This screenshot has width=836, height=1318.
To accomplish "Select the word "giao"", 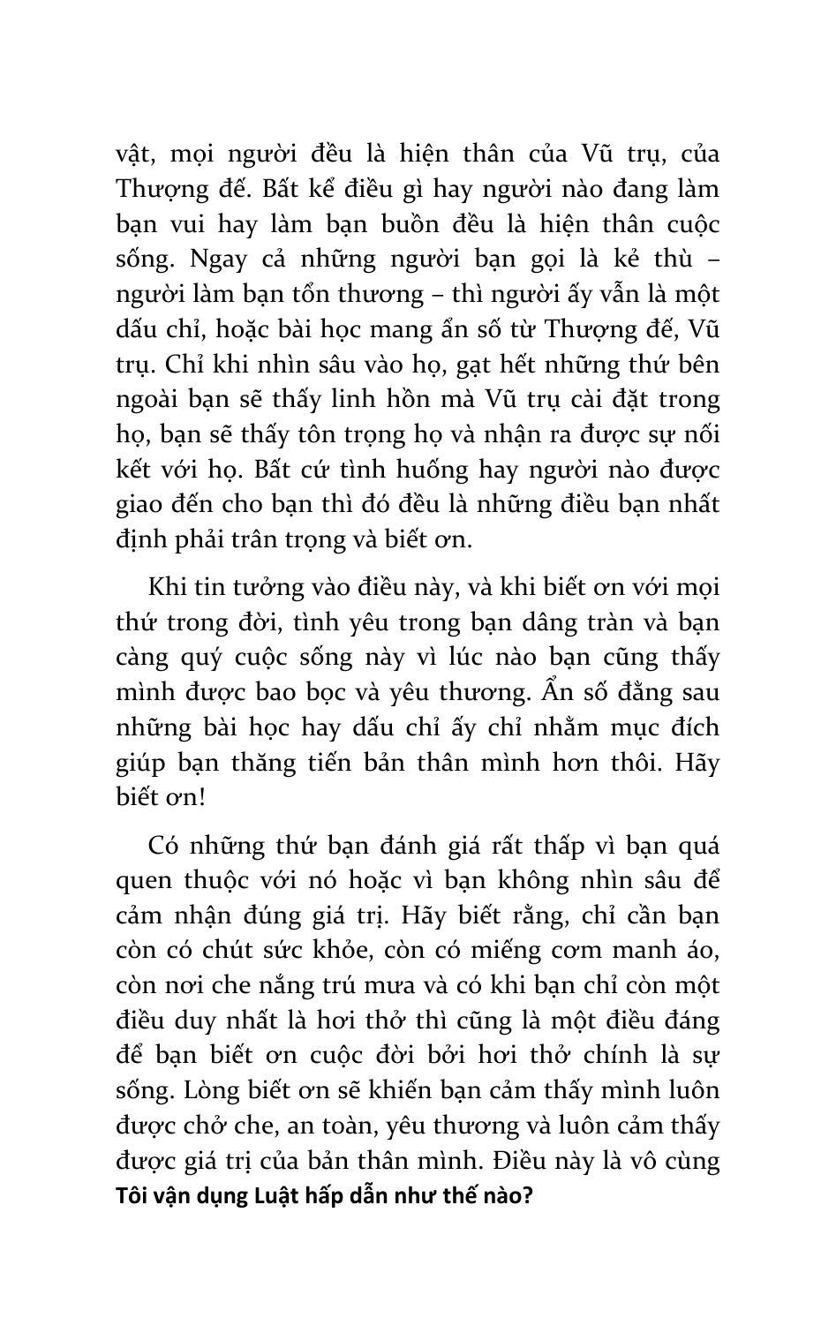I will pos(141,504).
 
